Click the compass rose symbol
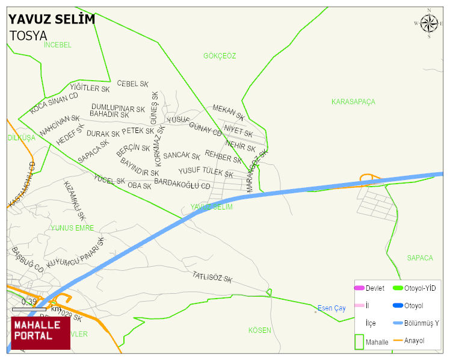point(429,23)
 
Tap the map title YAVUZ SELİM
point(52,19)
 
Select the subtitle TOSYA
point(28,36)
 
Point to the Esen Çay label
point(331,308)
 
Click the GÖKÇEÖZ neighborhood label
point(220,56)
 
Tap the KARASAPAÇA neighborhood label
point(353,102)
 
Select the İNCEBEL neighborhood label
point(58,45)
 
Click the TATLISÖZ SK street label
point(212,277)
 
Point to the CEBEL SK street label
point(132,84)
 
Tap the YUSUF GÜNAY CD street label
point(194,125)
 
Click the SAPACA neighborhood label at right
point(419,258)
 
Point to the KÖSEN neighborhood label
point(260,331)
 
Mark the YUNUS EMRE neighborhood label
point(72,228)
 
